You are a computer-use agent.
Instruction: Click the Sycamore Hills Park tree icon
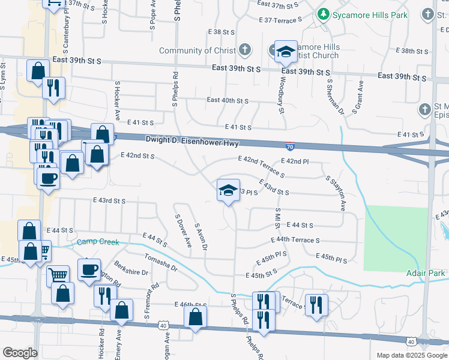point(324,13)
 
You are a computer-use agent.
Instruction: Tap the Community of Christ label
point(197,50)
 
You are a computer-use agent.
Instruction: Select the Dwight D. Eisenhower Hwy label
point(192,143)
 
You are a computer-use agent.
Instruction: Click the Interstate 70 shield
point(290,145)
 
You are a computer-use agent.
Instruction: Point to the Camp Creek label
point(98,242)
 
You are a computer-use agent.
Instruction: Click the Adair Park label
point(428,273)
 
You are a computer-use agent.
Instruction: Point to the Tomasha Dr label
point(161,263)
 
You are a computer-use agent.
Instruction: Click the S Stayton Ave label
point(336,193)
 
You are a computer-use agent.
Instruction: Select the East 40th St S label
point(228,100)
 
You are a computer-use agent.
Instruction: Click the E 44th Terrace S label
point(295,240)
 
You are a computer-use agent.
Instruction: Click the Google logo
point(20,353)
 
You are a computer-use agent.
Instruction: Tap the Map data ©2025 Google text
point(411,355)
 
